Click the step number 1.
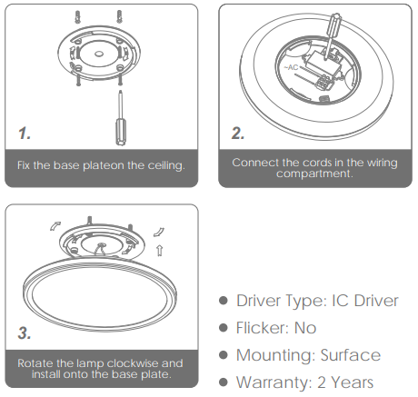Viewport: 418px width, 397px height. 25,134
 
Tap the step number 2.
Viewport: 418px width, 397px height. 238,134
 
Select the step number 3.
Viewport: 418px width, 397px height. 25,332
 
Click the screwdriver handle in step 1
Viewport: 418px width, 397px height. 120,133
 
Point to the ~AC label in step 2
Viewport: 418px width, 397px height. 291,67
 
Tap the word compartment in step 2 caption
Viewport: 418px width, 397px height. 314,174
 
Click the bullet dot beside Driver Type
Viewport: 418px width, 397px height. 224,301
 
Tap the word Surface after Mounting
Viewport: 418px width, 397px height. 351,355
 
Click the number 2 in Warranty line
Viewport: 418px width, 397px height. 322,382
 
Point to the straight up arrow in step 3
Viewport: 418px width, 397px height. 159,251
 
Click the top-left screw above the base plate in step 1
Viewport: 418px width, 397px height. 78,16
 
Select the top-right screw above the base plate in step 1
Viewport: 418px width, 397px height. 119,15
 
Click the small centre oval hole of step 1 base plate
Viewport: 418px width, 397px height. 99,55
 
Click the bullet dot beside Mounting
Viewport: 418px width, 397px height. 224,355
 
